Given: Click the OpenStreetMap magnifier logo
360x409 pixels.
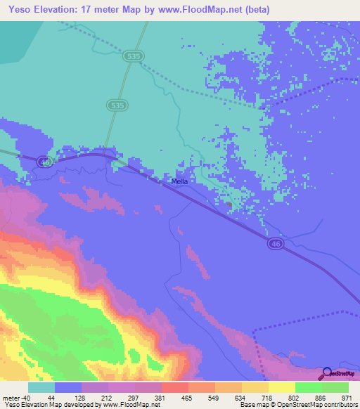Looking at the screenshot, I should coord(328,373).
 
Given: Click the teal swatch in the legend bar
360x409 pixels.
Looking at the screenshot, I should coord(41,387).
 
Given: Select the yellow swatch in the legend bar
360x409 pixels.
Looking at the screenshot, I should coord(281,387).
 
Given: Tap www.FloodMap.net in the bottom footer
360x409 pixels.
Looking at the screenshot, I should coord(130,405).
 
